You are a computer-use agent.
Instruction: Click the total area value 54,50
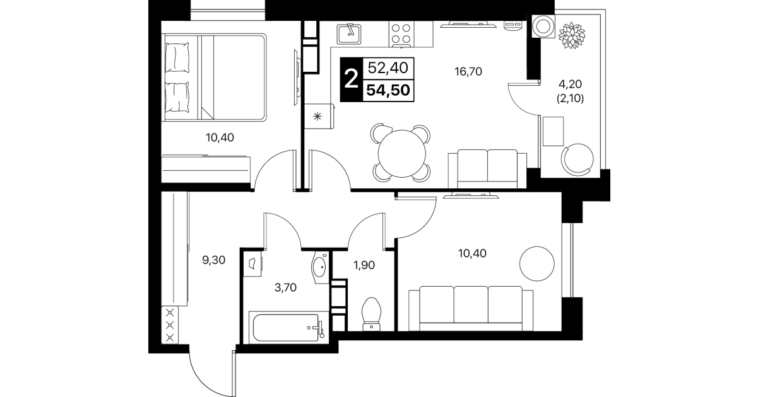[388, 90]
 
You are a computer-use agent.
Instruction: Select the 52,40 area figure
[388, 68]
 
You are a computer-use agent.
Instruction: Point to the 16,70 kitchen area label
[468, 72]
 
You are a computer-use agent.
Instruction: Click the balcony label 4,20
[570, 83]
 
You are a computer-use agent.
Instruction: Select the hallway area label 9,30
[213, 260]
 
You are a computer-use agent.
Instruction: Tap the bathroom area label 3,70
[286, 287]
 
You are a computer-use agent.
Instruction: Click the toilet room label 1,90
[364, 265]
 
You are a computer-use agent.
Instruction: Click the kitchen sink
[349, 34]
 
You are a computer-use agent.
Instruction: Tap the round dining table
[401, 153]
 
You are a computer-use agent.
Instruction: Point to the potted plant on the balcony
[572, 35]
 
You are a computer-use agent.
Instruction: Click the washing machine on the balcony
[543, 26]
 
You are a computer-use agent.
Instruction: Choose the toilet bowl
[372, 314]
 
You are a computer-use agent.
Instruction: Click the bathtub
[288, 327]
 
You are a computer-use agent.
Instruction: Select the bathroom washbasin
[320, 268]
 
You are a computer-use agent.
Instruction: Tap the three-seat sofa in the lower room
[471, 309]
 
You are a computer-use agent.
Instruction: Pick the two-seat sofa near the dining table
[487, 169]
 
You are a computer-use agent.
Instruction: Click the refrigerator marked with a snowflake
[319, 116]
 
